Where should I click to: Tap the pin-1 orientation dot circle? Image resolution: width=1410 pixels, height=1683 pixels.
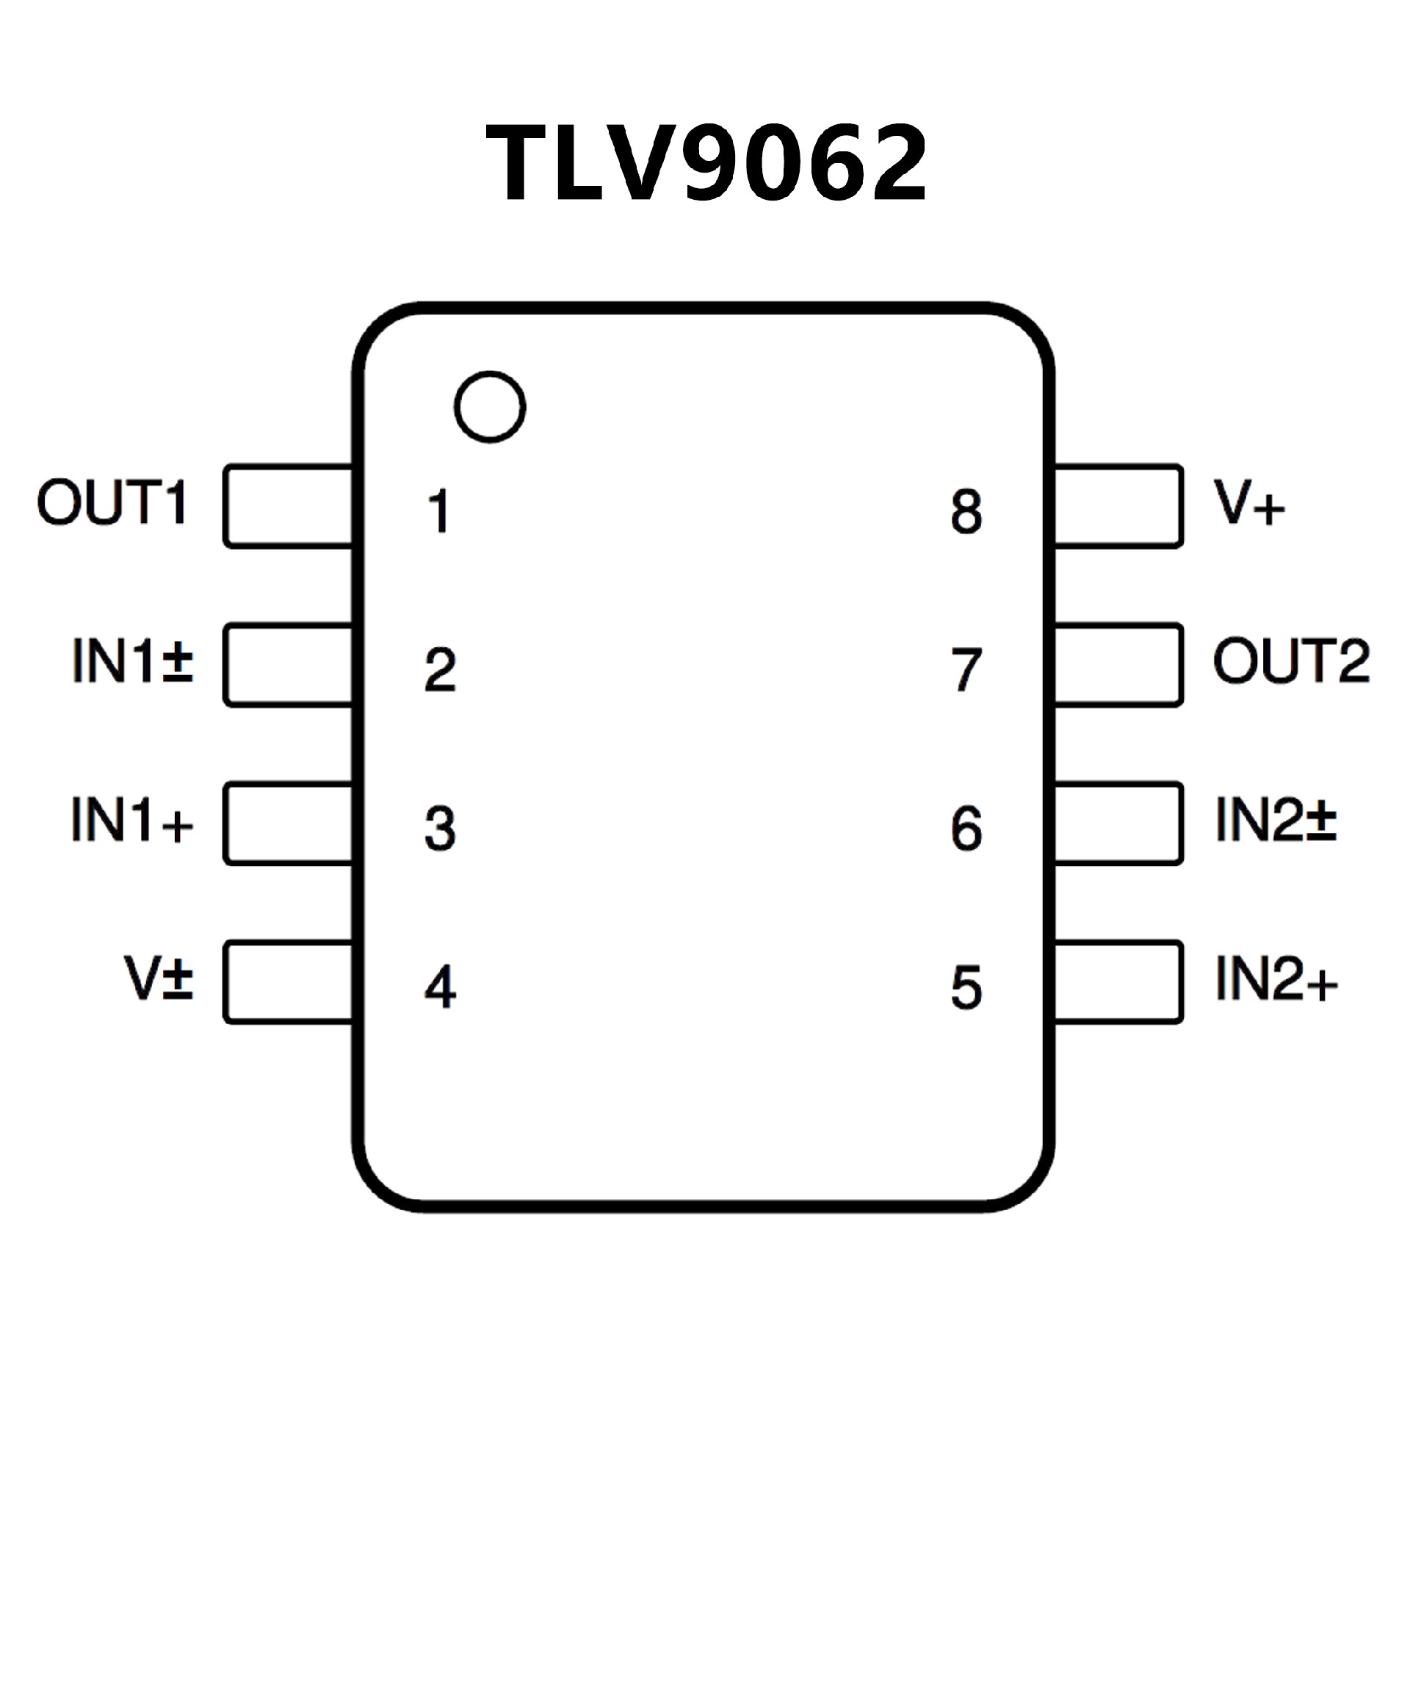[x=490, y=406]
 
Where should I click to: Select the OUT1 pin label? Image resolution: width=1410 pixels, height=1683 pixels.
[x=112, y=502]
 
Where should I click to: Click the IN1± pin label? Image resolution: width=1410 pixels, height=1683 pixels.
[x=133, y=661]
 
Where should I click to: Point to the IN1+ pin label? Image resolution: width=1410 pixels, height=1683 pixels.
[x=133, y=820]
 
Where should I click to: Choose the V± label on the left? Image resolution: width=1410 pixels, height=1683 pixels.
[x=159, y=979]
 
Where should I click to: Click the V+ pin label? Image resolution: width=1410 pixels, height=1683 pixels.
[x=1249, y=502]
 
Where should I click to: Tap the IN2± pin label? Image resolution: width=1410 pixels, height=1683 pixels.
[x=1276, y=820]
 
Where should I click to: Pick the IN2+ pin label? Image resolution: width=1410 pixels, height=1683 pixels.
[x=1276, y=979]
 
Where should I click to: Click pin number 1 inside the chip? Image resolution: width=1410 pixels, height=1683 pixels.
[x=439, y=511]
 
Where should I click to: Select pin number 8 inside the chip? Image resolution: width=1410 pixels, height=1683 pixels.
[x=966, y=511]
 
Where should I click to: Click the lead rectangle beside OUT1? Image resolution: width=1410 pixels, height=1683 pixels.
[x=289, y=505]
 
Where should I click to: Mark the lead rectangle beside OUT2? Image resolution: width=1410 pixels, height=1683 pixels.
[x=1118, y=664]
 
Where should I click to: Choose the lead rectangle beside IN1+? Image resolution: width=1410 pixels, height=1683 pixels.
[x=289, y=823]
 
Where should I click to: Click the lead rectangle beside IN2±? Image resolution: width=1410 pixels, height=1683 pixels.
[x=1118, y=823]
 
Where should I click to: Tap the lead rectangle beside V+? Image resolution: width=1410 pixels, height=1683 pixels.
[x=1118, y=505]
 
